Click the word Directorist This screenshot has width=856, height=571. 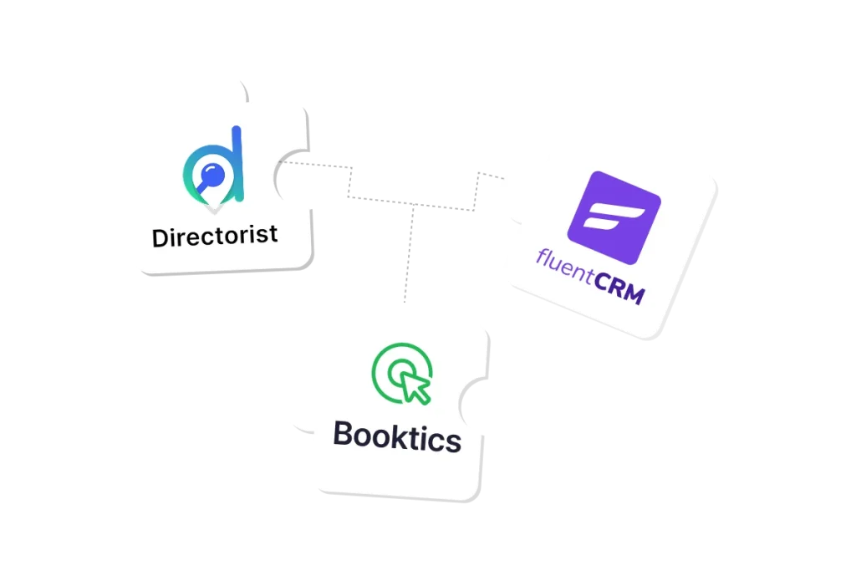click(215, 237)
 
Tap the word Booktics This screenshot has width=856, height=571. click(397, 436)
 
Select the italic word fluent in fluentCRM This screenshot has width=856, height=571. click(565, 267)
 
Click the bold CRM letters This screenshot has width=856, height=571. click(619, 287)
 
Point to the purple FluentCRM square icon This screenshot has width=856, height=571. click(614, 217)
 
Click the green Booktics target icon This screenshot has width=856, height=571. click(402, 374)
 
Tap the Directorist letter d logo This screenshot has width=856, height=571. click(213, 166)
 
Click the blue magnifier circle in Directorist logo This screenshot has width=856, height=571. click(212, 175)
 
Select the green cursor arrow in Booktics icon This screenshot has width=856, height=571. click(415, 387)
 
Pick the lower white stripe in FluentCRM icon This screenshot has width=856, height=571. click(600, 222)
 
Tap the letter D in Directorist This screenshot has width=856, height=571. click(160, 238)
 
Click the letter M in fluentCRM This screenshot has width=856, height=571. click(634, 293)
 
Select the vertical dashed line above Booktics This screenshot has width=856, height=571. click(409, 253)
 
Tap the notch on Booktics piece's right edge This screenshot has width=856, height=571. click(473, 405)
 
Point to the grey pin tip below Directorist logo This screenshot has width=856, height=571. click(214, 209)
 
